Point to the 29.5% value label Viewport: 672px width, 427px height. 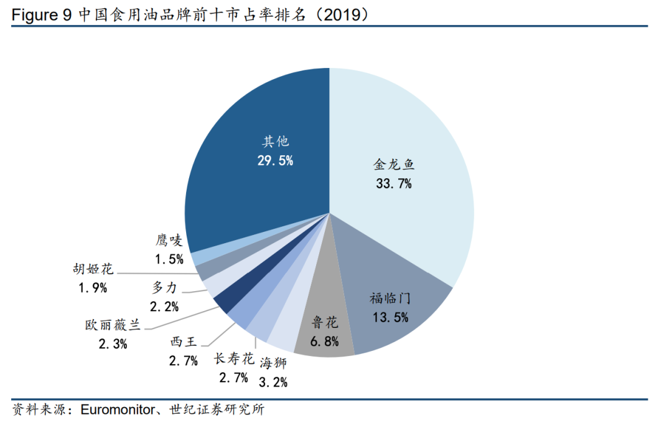point(275,160)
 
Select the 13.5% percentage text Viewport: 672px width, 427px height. point(390,317)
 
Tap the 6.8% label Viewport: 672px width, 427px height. point(324,341)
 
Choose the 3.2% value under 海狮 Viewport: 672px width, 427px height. point(273,382)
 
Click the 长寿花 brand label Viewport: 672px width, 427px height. point(234,359)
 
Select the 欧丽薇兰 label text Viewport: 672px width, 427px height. point(113,325)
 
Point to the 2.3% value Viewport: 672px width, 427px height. point(113,343)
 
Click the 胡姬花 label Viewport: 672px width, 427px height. point(93,269)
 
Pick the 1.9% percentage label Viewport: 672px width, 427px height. point(93,287)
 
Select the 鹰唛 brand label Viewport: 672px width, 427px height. point(169,241)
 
